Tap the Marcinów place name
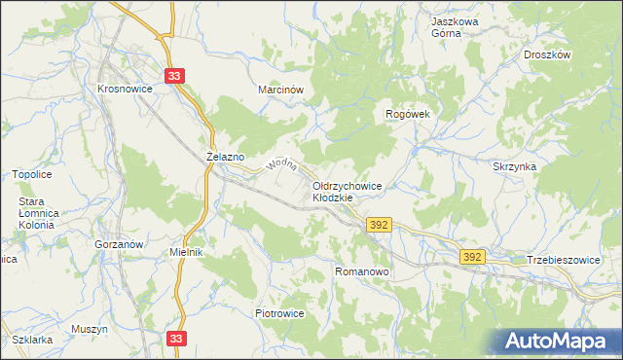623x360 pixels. pyautogui.click(x=281, y=89)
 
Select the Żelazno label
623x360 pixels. pyautogui.click(x=226, y=156)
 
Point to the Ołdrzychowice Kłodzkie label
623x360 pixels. pyautogui.click(x=348, y=191)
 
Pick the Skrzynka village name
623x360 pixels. pyautogui.click(x=515, y=166)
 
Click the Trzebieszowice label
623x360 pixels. pyautogui.click(x=565, y=260)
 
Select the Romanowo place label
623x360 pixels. pyautogui.click(x=362, y=272)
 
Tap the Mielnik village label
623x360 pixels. pyautogui.click(x=185, y=252)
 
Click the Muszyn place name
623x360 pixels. pyautogui.click(x=89, y=329)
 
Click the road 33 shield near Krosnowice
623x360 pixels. pyautogui.click(x=174, y=76)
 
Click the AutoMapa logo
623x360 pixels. pyautogui.click(x=561, y=341)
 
